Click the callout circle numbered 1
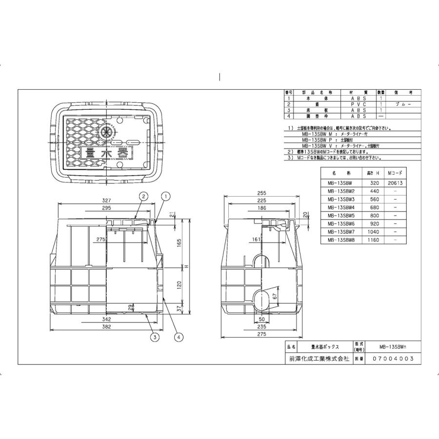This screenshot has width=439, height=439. pyautogui.click(x=165, y=196)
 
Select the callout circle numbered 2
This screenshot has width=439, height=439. pyautogui.click(x=143, y=196)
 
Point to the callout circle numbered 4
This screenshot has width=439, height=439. pyautogui.click(x=179, y=336)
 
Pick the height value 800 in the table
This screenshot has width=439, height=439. pyautogui.click(x=373, y=215)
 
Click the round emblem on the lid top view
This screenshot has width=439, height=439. pyautogui.click(x=107, y=132)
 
